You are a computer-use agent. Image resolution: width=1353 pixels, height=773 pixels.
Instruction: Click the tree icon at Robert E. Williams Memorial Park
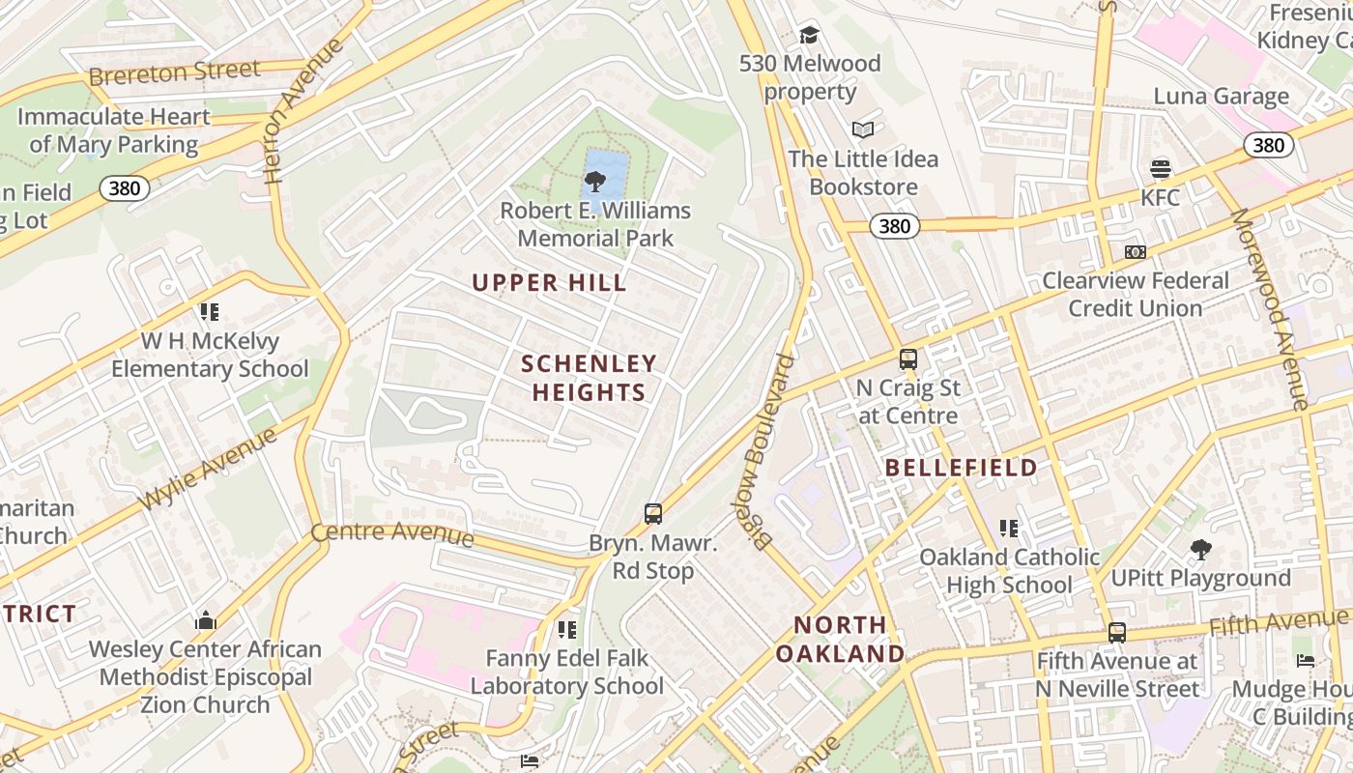click(x=595, y=181)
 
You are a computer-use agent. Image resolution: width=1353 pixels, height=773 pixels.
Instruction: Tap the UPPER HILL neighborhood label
click(x=549, y=283)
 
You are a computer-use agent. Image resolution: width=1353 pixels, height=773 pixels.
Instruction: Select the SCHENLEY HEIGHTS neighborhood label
click(x=589, y=378)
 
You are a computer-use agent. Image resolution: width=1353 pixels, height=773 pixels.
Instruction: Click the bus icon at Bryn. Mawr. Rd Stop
click(x=653, y=514)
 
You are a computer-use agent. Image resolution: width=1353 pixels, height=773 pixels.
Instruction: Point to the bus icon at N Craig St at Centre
click(x=908, y=359)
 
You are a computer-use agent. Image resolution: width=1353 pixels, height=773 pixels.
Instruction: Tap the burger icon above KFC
click(x=1161, y=169)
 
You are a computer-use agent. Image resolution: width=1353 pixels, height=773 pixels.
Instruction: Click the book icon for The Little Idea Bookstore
click(x=863, y=129)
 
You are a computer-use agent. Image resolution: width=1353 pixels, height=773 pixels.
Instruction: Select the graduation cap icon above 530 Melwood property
click(x=809, y=36)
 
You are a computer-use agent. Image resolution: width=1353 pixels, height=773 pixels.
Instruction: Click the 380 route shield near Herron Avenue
click(x=125, y=187)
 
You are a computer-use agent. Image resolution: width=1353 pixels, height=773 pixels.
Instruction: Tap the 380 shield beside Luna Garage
click(x=1267, y=145)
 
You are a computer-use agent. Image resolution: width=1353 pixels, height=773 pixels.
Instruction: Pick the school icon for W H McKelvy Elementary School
click(x=210, y=312)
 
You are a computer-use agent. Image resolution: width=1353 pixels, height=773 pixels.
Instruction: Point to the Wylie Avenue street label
click(x=209, y=470)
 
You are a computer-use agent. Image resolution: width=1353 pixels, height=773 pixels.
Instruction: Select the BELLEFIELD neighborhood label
click(x=961, y=468)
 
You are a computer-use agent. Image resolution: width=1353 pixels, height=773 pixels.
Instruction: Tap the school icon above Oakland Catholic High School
click(x=1009, y=529)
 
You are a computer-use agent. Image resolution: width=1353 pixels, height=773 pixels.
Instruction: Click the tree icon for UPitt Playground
click(x=1201, y=550)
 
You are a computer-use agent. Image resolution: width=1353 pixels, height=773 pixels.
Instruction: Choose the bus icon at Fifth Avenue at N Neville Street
click(x=1117, y=633)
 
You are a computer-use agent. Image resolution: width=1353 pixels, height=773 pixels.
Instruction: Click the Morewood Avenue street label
click(x=1268, y=309)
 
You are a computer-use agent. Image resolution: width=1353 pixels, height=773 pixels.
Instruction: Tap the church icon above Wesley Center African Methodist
click(x=206, y=621)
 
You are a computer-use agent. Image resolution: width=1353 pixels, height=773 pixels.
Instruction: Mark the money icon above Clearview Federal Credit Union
click(x=1136, y=252)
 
